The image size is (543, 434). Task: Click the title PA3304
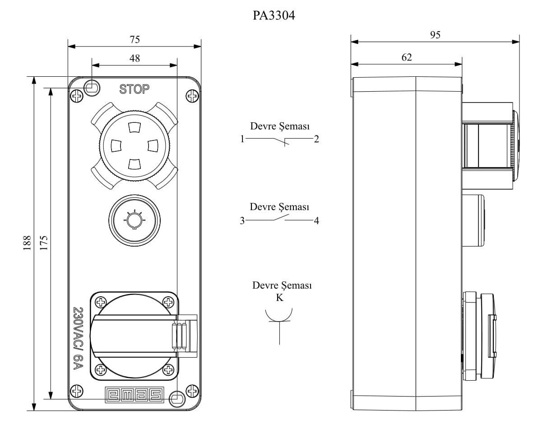pyautogui.click(x=274, y=16)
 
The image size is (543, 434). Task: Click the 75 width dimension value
pyautogui.click(x=135, y=39)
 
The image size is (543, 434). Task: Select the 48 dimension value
pyautogui.click(x=135, y=58)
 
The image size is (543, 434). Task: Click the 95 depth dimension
pyautogui.click(x=435, y=35)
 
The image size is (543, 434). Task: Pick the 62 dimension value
pyautogui.click(x=406, y=57)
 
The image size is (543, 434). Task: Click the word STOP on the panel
pyautogui.click(x=134, y=89)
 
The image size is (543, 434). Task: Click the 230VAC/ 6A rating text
pyautogui.click(x=78, y=338)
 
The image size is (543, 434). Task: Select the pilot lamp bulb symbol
pyautogui.click(x=133, y=220)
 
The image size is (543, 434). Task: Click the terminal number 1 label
pyautogui.click(x=242, y=139)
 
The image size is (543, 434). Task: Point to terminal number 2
pyautogui.click(x=317, y=139)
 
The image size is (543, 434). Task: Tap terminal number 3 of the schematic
pyautogui.click(x=242, y=221)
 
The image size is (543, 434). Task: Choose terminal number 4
pyautogui.click(x=316, y=221)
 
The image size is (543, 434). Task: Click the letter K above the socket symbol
pyautogui.click(x=280, y=298)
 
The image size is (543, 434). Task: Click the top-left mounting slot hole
pyautogui.click(x=92, y=87)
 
